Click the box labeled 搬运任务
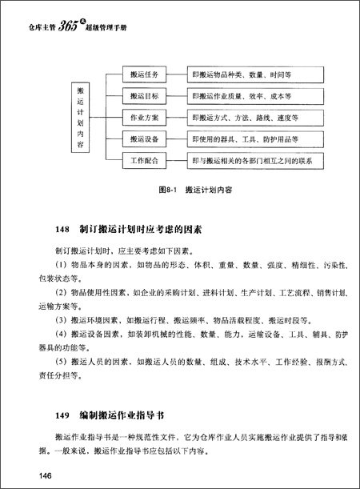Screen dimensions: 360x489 (x=144, y=74)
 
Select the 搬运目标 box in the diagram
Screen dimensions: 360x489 (x=144, y=96)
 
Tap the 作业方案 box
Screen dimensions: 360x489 (x=144, y=118)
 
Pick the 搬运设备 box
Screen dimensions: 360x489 (x=144, y=139)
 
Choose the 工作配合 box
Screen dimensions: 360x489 (x=144, y=161)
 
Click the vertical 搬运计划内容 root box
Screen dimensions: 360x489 (x=79, y=118)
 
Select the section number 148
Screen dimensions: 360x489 (x=64, y=229)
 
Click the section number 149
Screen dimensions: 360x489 (x=64, y=416)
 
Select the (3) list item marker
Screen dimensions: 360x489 (x=62, y=319)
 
